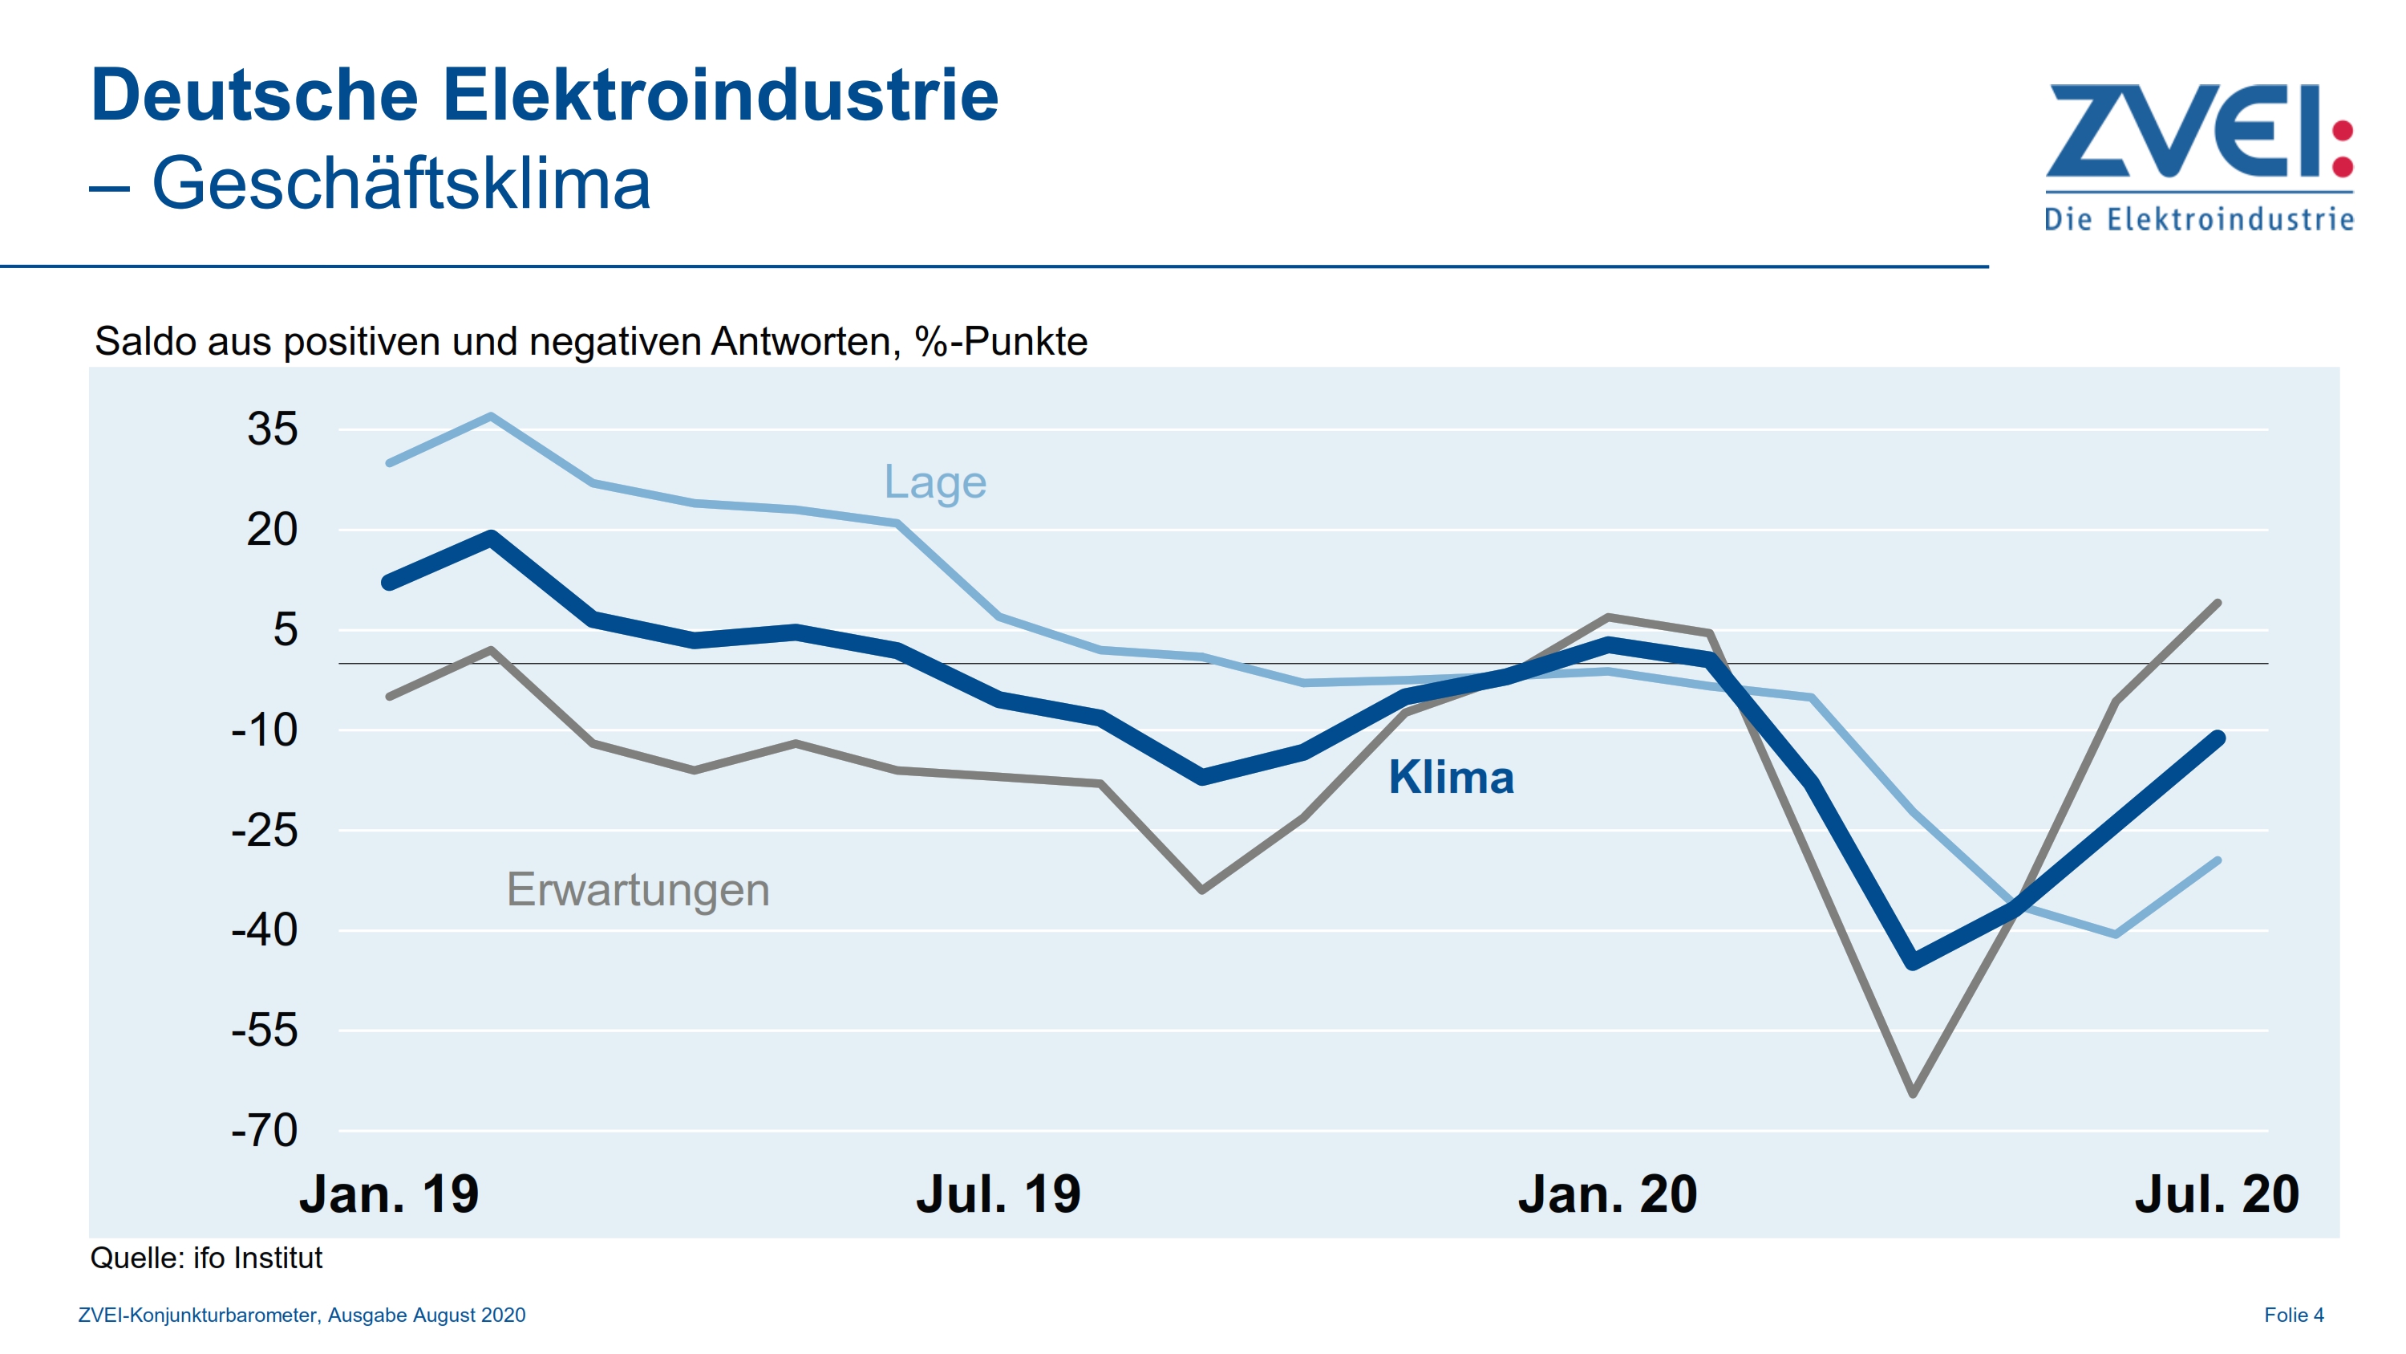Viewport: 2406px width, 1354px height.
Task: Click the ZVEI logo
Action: [2198, 154]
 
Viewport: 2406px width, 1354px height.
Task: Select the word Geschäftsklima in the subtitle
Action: [401, 183]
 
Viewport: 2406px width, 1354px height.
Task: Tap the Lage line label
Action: [935, 482]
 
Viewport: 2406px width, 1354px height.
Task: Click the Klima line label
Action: [1451, 778]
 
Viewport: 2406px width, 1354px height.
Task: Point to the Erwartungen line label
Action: [638, 888]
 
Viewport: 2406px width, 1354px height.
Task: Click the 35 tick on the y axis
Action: [272, 430]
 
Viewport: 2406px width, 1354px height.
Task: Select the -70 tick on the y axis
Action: [265, 1131]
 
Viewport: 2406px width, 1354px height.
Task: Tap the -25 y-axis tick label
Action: [265, 831]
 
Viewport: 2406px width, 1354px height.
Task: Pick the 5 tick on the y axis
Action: [285, 630]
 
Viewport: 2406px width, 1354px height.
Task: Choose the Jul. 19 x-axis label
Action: [998, 1195]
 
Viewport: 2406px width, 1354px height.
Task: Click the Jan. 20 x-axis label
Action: [1606, 1195]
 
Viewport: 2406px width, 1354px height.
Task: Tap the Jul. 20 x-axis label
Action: [2217, 1195]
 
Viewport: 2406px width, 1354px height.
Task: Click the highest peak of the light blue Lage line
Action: [492, 416]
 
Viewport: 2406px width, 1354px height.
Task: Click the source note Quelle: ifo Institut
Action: [205, 1258]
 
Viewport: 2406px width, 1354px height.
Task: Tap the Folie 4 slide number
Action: [2293, 1315]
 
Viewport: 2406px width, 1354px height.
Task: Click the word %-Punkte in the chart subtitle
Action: [1000, 342]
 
